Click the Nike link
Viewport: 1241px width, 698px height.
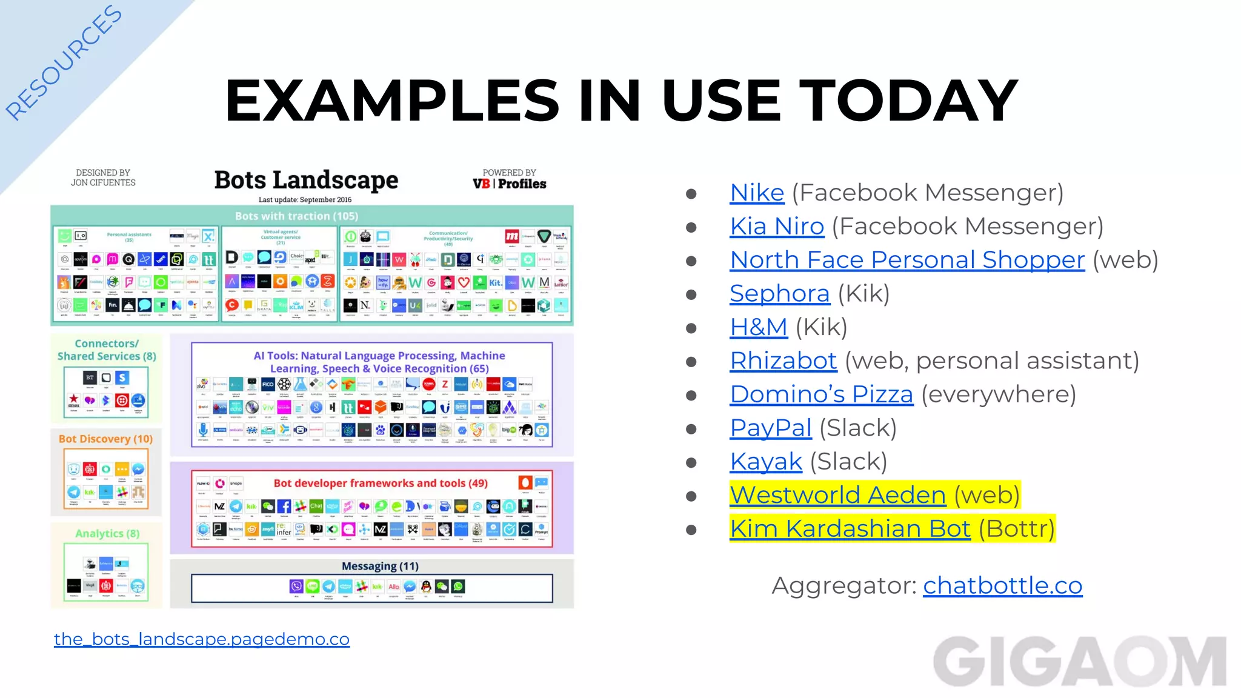(757, 193)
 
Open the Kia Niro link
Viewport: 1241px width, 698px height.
(777, 227)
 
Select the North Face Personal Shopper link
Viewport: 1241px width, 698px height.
(907, 260)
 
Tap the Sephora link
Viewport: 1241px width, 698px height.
(779, 294)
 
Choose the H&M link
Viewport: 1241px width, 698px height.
(758, 327)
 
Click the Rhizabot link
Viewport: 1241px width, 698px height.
(783, 361)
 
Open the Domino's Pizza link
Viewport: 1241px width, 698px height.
(821, 394)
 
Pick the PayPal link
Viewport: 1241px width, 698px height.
(770, 428)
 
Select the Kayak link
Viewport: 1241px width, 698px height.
(766, 462)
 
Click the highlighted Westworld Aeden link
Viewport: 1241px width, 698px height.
(837, 496)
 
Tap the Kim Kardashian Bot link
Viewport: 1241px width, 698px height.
(850, 529)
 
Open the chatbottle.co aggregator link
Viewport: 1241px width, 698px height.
(1002, 586)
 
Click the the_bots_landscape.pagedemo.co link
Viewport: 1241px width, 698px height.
(202, 639)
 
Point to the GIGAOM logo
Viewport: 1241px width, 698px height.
(1080, 661)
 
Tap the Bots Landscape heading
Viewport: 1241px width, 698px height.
(306, 180)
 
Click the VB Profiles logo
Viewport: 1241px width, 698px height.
(509, 184)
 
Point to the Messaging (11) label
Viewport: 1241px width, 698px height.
(380, 567)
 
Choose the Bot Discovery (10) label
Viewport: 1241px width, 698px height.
(105, 439)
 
